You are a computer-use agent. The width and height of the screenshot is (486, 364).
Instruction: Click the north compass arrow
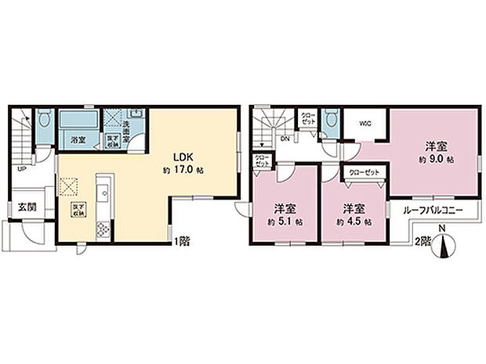(445, 247)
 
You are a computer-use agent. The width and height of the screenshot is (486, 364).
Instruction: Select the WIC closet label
(365, 123)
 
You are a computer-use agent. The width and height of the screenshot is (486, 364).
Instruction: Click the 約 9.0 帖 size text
(437, 160)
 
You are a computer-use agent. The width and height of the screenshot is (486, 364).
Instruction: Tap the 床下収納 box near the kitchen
(78, 210)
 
